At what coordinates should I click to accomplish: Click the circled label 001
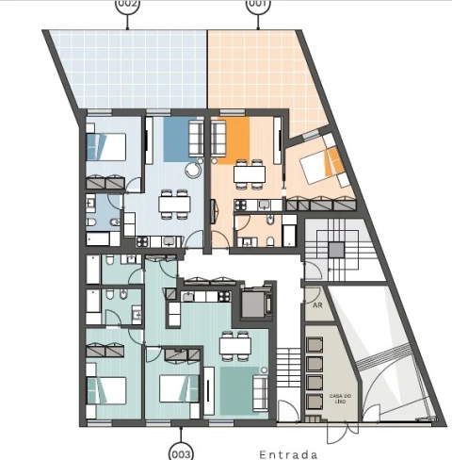[x=256, y=4]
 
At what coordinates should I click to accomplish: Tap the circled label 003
[x=182, y=452]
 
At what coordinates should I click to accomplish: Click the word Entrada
[x=290, y=453]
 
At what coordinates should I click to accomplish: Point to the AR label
[x=316, y=305]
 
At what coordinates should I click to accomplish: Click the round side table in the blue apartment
[x=192, y=171]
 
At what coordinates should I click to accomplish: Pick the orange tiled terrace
[x=259, y=71]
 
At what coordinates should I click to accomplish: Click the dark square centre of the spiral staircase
[x=335, y=250]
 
